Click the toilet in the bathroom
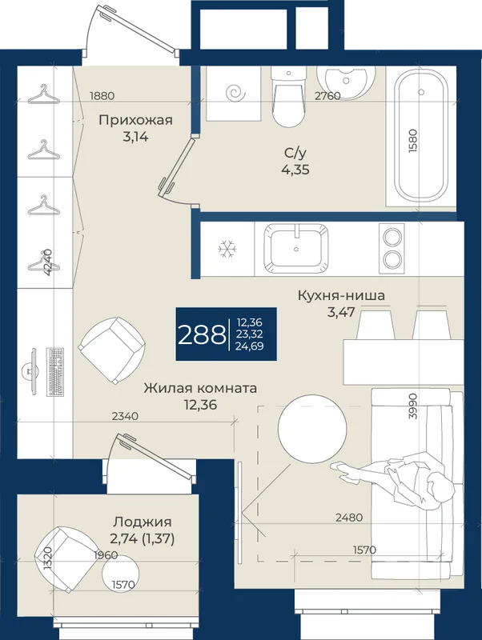click(x=288, y=96)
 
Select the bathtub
click(x=421, y=138)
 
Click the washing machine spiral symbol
click(x=236, y=94)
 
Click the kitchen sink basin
click(x=296, y=248)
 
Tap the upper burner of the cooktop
click(x=392, y=237)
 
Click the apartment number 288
click(x=202, y=334)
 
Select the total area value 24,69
click(x=249, y=346)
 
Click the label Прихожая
click(x=135, y=121)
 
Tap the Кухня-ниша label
click(x=341, y=295)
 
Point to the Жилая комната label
click(x=200, y=388)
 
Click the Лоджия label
click(x=143, y=522)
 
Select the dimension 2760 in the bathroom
click(x=327, y=96)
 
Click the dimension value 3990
click(x=412, y=406)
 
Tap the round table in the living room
click(x=312, y=429)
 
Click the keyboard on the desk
click(x=55, y=371)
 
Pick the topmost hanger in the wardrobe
click(x=44, y=94)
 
